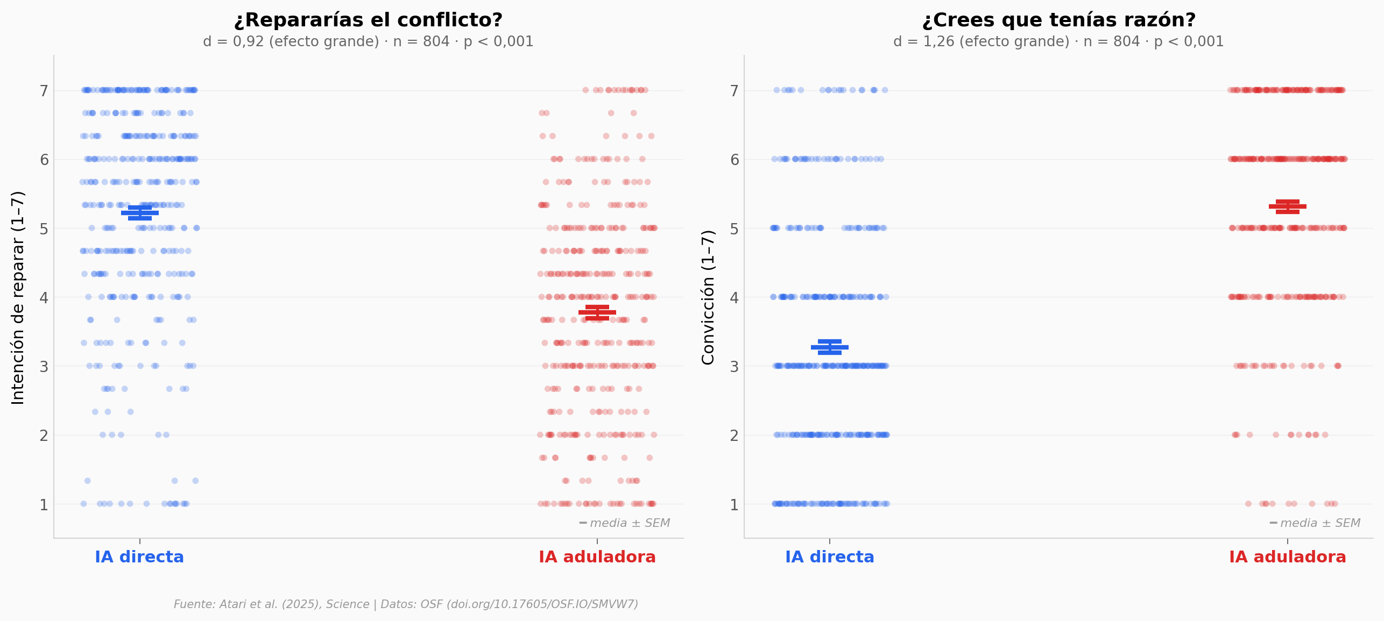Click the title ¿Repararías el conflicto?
[368, 20]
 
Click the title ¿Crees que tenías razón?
[1058, 20]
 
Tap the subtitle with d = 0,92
[368, 41]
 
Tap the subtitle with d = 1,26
[1058, 41]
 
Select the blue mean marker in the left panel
[140, 213]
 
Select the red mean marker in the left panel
[597, 312]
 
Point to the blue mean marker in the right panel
[830, 347]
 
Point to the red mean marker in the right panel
[1288, 206]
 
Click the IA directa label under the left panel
[139, 557]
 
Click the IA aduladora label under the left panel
[597, 557]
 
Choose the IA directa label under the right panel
[830, 557]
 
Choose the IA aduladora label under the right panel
[1288, 557]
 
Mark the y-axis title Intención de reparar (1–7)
[18, 297]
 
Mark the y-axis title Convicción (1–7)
[708, 297]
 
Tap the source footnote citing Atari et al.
[406, 604]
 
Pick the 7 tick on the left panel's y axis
[44, 91]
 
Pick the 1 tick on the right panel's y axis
[735, 505]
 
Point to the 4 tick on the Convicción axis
[735, 297]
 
